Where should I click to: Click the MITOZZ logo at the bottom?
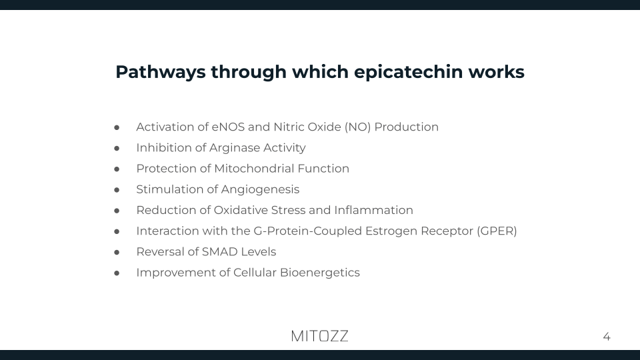pyautogui.click(x=319, y=336)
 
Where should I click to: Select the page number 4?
pyautogui.click(x=606, y=337)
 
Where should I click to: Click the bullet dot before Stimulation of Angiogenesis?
pyautogui.click(x=117, y=190)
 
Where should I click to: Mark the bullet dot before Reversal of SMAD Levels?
pyautogui.click(x=117, y=252)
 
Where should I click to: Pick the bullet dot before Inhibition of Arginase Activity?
pyautogui.click(x=117, y=148)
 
